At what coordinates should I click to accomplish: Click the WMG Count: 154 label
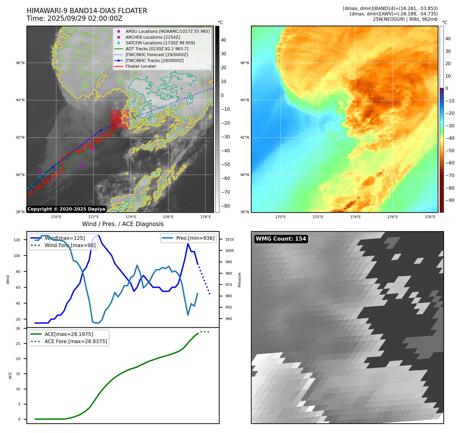tap(281, 239)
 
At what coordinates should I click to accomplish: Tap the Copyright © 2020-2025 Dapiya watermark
tap(66, 209)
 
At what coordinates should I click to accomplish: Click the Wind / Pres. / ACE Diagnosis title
tap(123, 224)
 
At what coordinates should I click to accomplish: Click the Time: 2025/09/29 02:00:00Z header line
tap(75, 18)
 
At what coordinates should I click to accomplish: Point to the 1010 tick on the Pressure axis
tap(230, 239)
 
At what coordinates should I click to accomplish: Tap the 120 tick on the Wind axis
tap(17, 240)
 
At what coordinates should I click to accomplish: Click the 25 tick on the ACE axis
tap(18, 344)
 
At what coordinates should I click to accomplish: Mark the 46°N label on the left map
tap(20, 63)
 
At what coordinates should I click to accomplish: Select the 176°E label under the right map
tap(393, 217)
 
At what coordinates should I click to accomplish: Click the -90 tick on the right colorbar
tap(450, 200)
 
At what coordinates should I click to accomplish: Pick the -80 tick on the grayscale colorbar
tap(225, 206)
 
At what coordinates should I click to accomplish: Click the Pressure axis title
tap(239, 280)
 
